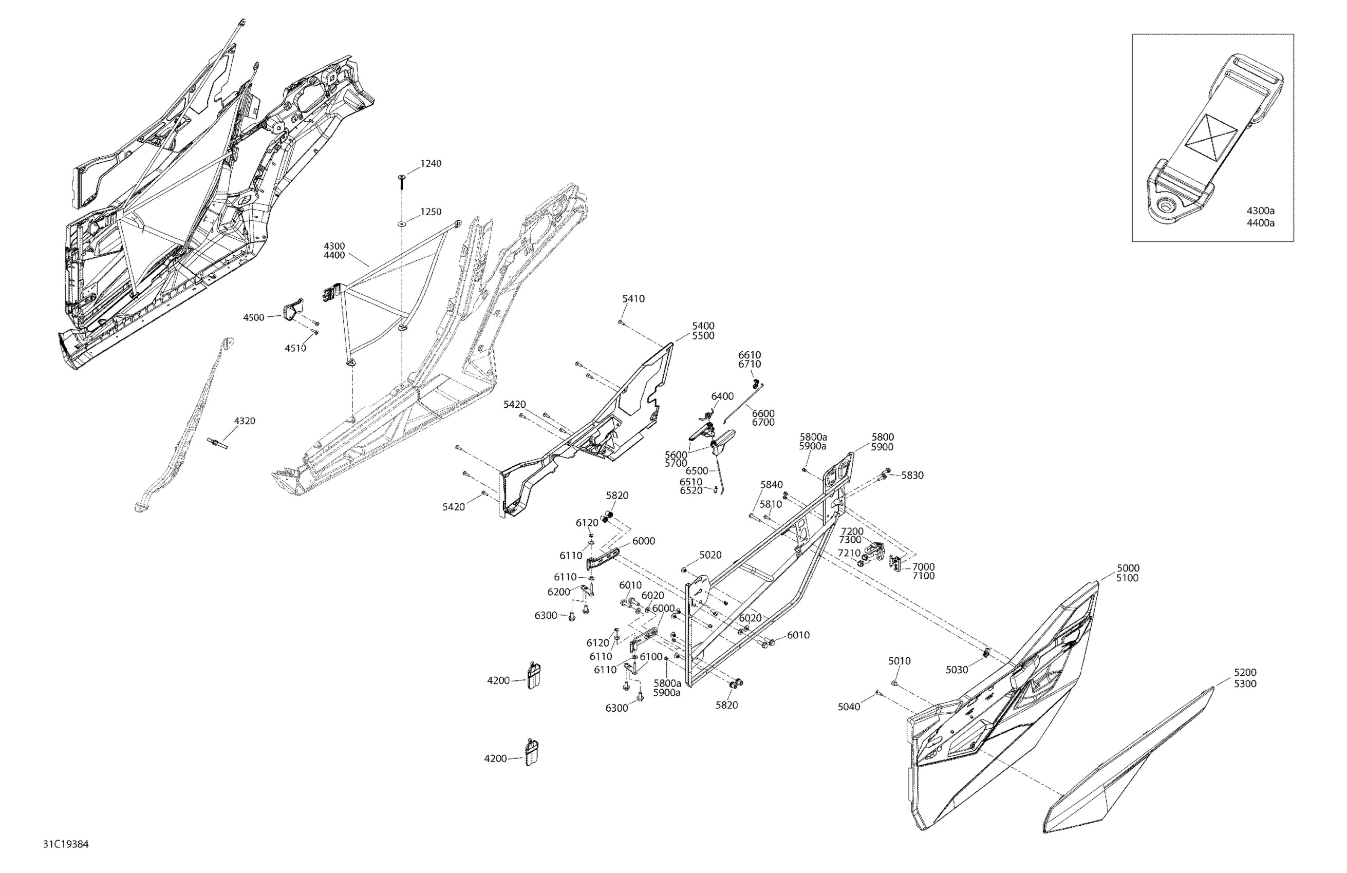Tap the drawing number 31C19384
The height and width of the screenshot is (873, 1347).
point(66,845)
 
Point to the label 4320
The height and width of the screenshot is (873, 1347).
point(245,421)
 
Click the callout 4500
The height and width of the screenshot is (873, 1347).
point(254,317)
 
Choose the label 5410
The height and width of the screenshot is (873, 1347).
point(633,299)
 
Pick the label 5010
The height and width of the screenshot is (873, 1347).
point(900,661)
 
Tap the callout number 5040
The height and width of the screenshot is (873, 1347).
point(849,707)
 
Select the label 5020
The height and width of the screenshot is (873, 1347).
point(710,555)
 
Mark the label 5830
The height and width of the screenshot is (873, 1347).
point(912,476)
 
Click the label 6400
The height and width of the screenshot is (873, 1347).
point(722,396)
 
